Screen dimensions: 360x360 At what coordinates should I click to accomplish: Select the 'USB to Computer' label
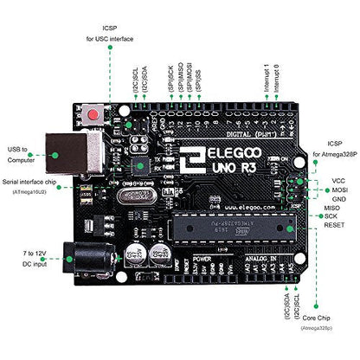(23, 154)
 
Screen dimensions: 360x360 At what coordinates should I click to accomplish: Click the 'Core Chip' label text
(316, 318)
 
